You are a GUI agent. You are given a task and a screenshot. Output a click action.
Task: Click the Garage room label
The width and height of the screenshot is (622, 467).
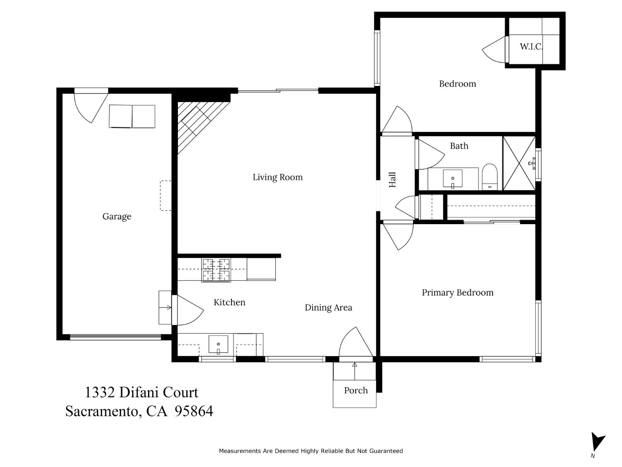point(117,216)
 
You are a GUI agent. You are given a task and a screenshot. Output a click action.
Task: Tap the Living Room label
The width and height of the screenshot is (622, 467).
point(277,177)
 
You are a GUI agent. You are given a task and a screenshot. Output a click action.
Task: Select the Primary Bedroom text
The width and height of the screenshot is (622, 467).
point(457,293)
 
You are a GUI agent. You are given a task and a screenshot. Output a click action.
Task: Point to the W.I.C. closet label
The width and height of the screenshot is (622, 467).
point(531,46)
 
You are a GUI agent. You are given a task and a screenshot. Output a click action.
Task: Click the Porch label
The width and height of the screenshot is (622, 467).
point(356,391)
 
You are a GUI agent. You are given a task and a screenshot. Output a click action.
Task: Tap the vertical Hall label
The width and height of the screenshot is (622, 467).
point(392,180)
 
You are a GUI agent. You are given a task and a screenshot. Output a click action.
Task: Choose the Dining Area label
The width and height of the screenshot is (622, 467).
point(328,308)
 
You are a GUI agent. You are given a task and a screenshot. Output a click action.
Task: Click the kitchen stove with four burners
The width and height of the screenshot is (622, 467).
point(216,270)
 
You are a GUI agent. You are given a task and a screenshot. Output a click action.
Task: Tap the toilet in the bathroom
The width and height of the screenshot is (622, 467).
point(490,177)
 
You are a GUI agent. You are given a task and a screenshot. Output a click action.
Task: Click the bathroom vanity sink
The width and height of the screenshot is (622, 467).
point(452,179)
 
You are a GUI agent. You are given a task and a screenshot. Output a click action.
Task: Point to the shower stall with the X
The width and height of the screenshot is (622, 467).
point(519,163)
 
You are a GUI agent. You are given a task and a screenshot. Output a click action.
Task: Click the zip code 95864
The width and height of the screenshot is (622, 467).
point(194,411)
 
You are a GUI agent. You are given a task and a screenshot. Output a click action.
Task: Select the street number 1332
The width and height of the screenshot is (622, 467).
point(100,392)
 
